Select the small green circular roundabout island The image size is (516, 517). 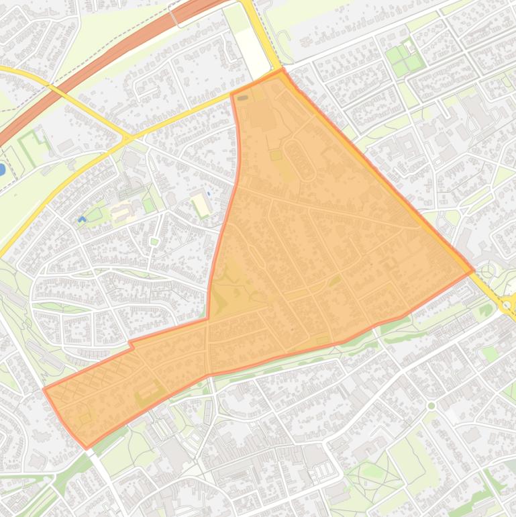coord(431,406)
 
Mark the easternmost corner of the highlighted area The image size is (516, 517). coord(474,271)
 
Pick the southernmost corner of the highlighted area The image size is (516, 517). coord(86,447)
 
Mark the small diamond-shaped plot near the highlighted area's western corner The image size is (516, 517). coord(85,418)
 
